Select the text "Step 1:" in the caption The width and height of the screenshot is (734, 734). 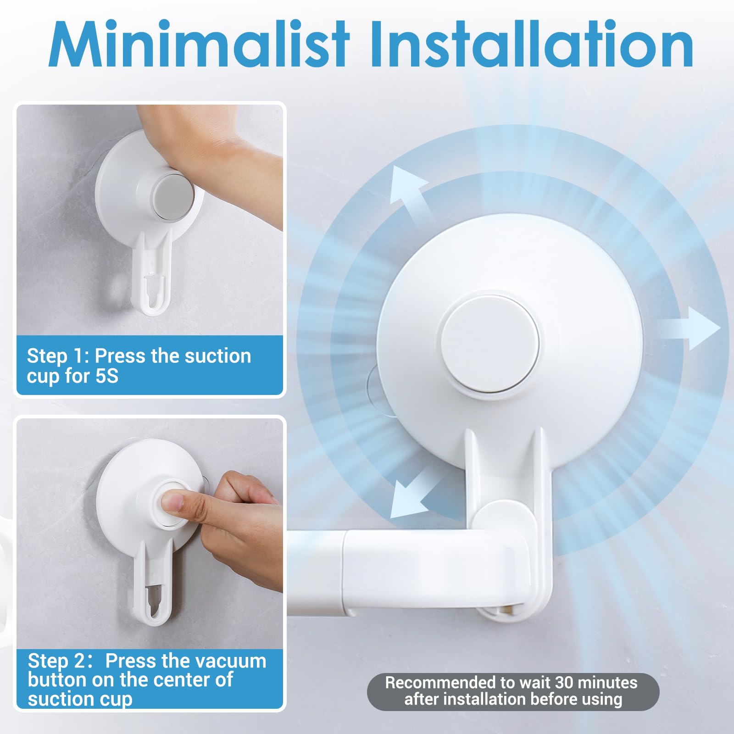(x=57, y=356)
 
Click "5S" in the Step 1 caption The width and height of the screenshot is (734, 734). (x=107, y=376)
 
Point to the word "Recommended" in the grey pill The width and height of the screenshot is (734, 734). (x=440, y=683)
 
